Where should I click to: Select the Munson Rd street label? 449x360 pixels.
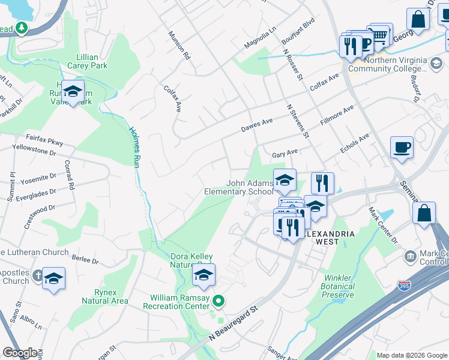click(179, 46)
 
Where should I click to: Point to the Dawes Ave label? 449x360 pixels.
click(257, 125)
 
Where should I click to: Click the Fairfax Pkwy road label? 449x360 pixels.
click(44, 139)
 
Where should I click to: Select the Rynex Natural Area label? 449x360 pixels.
click(104, 296)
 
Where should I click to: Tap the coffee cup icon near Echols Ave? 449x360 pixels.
click(402, 146)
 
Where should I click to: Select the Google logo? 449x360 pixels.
click(20, 353)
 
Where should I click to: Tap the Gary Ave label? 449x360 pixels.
click(285, 154)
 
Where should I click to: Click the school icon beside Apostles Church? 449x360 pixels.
click(54, 278)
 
